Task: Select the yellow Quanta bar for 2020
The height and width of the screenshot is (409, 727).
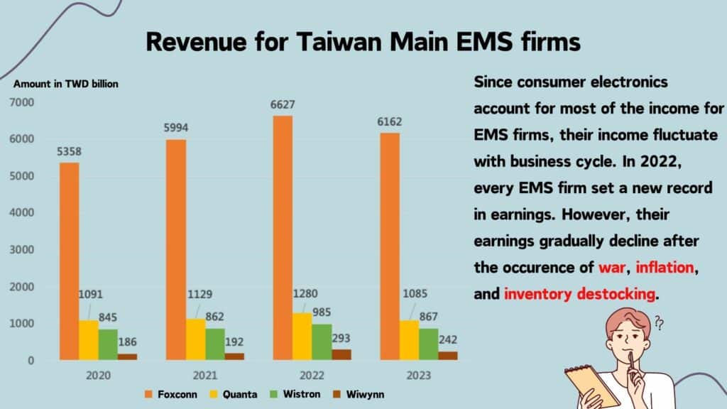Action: [89, 340]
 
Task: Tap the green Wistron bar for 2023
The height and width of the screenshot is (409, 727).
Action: [430, 344]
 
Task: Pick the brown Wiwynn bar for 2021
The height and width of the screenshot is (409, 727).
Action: [234, 356]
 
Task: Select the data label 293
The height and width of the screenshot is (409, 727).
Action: [341, 338]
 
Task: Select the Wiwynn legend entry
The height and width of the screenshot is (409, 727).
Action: [362, 393]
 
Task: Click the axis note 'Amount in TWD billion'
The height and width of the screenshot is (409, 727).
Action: [66, 84]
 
